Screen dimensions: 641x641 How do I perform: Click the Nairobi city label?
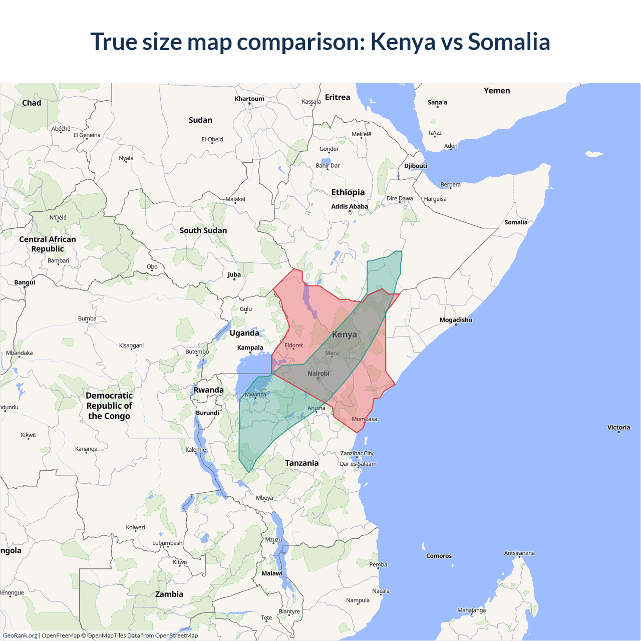pos(318,374)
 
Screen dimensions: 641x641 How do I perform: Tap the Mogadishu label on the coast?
pos(456,320)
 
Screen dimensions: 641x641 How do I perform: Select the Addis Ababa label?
pos(350,206)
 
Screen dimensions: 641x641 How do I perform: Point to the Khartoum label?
pos(249,99)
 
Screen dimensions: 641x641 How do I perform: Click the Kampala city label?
pos(250,348)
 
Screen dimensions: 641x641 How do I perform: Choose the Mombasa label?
pos(364,419)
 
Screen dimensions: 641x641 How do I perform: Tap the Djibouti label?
pos(416,166)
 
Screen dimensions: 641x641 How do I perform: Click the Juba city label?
pos(234,274)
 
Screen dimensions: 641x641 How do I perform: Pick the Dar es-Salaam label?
pos(358,464)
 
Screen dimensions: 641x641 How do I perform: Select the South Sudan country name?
pos(203,230)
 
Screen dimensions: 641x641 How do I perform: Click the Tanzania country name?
pos(301,463)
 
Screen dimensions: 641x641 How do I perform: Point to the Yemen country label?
pos(497,91)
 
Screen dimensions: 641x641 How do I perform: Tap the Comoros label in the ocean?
pos(439,556)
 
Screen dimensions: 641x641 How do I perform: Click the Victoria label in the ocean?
pos(618,428)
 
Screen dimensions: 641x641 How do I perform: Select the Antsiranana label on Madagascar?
pos(519,553)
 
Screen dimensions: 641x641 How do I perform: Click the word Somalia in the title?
pos(509,42)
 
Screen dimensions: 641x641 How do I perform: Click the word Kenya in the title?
pos(403,42)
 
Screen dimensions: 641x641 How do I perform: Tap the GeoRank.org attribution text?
pos(20,635)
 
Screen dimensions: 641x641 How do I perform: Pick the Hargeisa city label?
pos(435,199)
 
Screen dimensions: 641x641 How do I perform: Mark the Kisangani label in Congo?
pos(131,346)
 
